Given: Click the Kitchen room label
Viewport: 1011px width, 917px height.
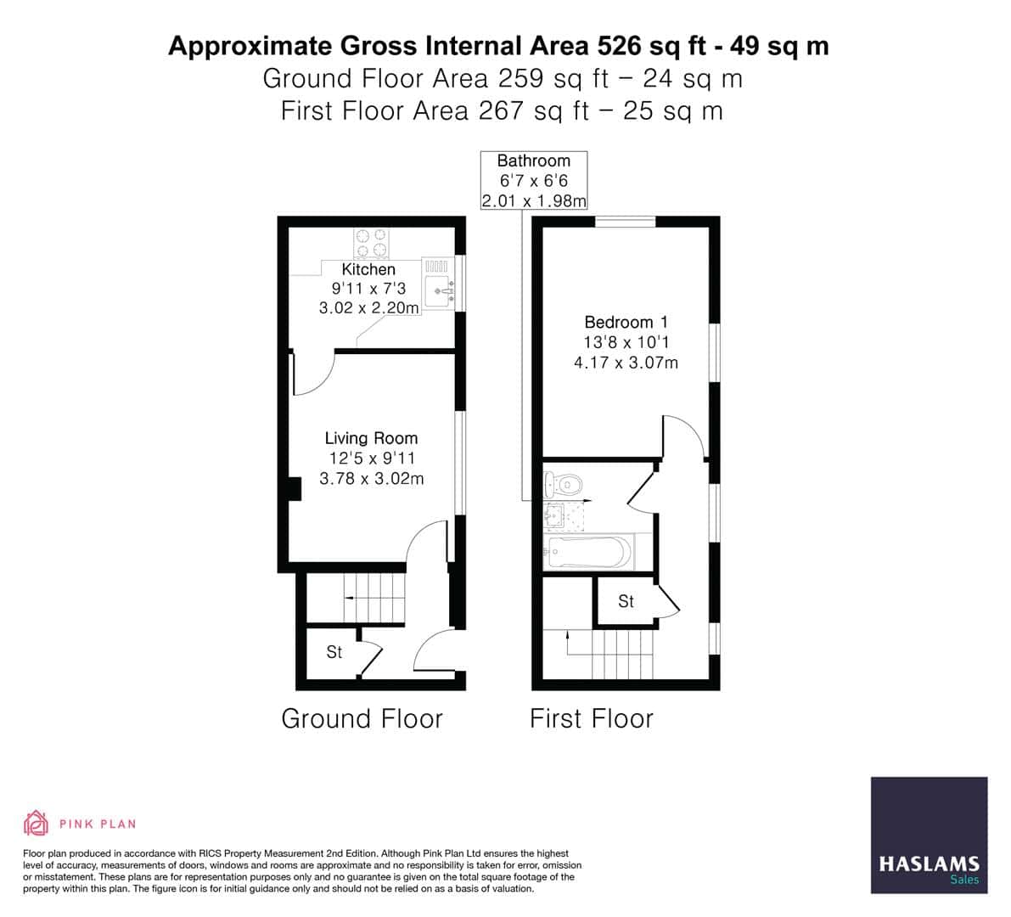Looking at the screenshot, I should click(x=368, y=269).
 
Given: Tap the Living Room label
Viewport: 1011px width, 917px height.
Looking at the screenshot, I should click(x=371, y=438).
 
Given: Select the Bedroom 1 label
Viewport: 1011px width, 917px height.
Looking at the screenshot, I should click(x=626, y=322).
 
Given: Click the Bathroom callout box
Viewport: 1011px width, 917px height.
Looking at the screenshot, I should click(x=533, y=180).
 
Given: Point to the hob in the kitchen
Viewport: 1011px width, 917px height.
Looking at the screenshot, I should click(x=370, y=243).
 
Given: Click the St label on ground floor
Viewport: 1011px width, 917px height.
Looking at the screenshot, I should click(x=334, y=652).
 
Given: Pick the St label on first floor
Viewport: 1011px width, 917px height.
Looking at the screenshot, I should click(x=626, y=601).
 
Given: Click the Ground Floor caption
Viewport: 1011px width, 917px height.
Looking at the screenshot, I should click(x=362, y=718).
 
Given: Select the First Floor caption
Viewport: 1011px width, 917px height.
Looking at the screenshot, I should click(x=592, y=718).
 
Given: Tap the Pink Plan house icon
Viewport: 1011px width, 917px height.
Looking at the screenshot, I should click(x=36, y=823).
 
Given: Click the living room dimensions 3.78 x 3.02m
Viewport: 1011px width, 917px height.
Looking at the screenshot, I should click(x=371, y=479).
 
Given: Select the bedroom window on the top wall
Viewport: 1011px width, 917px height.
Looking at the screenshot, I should click(x=625, y=222).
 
